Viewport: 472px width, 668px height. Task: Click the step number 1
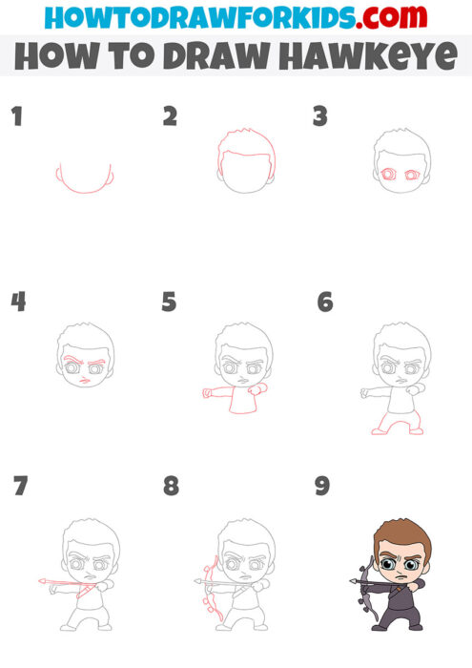point(15,117)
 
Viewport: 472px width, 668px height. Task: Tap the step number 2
point(171,116)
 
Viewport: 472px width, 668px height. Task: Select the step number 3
point(320,116)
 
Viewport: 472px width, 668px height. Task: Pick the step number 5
point(170,303)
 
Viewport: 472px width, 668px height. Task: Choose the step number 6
point(324,303)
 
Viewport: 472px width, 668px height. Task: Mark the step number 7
point(20,486)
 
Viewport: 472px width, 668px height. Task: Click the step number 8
point(171,487)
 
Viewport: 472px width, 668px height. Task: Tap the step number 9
point(322,487)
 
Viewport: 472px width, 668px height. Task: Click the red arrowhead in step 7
point(42,579)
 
